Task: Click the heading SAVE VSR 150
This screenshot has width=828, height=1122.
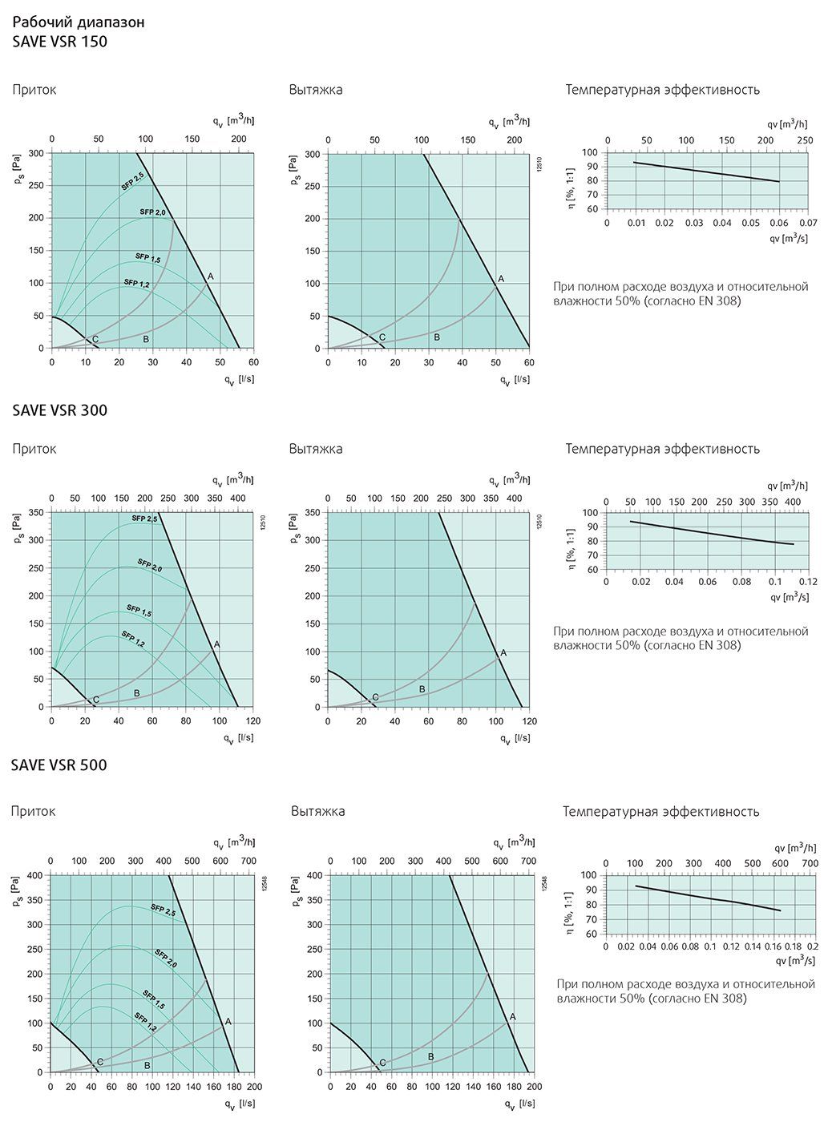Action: click(x=60, y=42)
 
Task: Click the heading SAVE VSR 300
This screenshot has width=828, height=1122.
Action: click(x=60, y=410)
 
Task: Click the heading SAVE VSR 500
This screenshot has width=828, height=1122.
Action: click(x=60, y=765)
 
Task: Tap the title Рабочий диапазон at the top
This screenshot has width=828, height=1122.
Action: click(x=79, y=22)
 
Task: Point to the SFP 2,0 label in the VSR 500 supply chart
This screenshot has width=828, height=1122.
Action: click(x=164, y=958)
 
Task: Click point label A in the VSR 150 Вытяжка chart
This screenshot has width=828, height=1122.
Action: click(x=501, y=278)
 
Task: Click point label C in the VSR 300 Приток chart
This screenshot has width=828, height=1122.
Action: click(x=96, y=700)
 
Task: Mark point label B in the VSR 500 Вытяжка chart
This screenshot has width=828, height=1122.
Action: click(x=430, y=1057)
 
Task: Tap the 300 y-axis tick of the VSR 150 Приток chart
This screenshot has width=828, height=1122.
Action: click(x=36, y=152)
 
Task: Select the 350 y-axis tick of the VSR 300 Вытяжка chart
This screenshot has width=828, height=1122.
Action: click(x=313, y=512)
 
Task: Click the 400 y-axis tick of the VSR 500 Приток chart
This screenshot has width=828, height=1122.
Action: click(x=35, y=875)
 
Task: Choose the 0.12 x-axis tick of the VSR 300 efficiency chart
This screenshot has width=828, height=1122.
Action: click(x=807, y=582)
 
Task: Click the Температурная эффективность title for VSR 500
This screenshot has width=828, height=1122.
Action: click(x=660, y=812)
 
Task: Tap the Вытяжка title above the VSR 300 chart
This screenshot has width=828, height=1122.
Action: click(x=316, y=449)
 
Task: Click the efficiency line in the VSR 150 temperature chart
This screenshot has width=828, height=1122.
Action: click(x=705, y=172)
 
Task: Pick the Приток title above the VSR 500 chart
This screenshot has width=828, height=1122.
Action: click(x=34, y=812)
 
